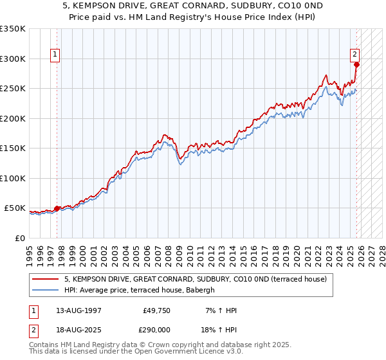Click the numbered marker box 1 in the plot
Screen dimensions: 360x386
56,55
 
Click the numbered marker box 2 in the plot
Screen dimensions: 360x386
354,55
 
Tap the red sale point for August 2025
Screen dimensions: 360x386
357,64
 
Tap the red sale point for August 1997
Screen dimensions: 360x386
57,208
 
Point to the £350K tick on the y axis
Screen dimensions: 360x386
13,29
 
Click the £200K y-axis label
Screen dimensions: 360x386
13,118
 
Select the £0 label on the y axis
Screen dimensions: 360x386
20,238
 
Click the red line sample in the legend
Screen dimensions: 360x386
46,279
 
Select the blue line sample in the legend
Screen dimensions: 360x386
46,290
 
